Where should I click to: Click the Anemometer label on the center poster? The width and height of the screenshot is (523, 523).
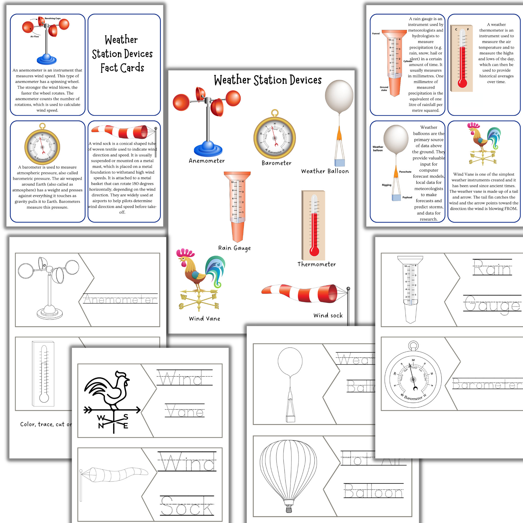coord(207,161)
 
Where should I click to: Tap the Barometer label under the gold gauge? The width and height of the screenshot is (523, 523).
coord(276,163)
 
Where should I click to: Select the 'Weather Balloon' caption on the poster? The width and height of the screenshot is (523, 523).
coord(325,171)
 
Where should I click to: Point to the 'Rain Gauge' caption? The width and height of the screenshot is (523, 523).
coord(234,248)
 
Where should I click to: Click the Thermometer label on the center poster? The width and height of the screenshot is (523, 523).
coord(316,264)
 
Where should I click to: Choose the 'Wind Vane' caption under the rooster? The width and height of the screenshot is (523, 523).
coord(204,319)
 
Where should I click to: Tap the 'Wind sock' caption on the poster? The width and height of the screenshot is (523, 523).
coord(328,315)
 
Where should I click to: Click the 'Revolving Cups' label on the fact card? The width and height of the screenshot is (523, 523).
coord(53,18)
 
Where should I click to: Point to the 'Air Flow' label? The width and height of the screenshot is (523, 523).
coord(34,36)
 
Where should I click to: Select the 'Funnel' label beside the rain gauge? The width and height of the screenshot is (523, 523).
coord(376,33)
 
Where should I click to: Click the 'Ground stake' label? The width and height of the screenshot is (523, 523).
coord(384,89)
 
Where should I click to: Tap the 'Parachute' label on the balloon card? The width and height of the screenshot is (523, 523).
coord(405,172)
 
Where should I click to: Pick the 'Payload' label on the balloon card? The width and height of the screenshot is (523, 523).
coord(407,197)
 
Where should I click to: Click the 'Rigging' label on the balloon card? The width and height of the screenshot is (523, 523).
coord(386,185)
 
